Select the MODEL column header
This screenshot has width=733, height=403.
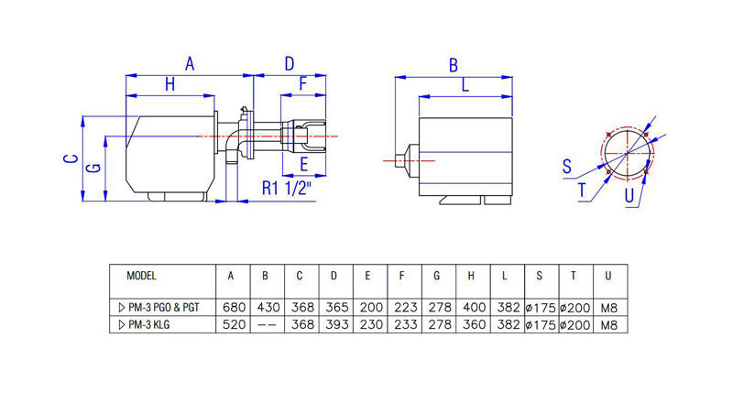pos(142,275)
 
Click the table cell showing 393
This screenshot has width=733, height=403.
pos(334,324)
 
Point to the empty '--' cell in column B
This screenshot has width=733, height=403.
pos(265,324)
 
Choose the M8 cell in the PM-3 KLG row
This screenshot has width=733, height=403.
pos(611,324)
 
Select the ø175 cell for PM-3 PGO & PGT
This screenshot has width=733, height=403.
pos(542,308)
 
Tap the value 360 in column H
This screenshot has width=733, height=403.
pos(471,324)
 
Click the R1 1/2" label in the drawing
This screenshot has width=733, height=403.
pos(286,189)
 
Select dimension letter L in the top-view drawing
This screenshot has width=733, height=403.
pos(465,85)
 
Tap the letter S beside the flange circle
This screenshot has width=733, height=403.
pos(567,166)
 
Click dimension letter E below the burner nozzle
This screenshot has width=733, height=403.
pos(304,165)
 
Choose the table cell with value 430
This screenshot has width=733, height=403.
pos(265,308)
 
